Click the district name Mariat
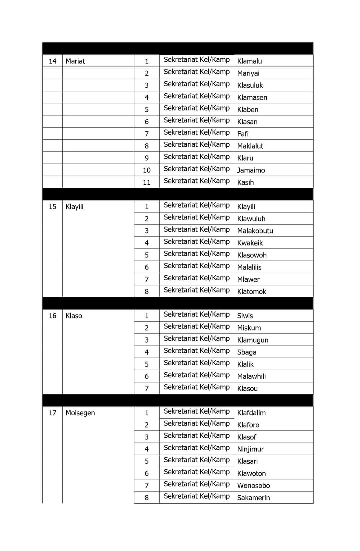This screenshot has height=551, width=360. (x=75, y=61)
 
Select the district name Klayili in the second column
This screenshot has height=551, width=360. (x=74, y=206)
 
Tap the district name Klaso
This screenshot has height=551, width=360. (x=74, y=316)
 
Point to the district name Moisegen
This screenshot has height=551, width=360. (x=80, y=413)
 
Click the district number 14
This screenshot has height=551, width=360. (x=52, y=61)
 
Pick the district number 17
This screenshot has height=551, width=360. (x=52, y=413)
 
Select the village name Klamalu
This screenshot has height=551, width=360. (x=249, y=61)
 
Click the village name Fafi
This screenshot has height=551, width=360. (x=243, y=134)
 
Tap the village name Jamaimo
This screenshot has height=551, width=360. (x=251, y=170)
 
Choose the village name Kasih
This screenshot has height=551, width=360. (x=245, y=182)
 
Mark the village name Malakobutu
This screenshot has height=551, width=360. (x=255, y=231)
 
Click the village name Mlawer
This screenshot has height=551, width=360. (x=248, y=280)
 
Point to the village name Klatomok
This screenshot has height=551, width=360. (x=252, y=292)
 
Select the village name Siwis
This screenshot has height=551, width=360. (x=245, y=316)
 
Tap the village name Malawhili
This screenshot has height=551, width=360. (x=251, y=376)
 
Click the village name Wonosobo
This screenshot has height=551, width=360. (x=253, y=486)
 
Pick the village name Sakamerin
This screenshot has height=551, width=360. (x=253, y=498)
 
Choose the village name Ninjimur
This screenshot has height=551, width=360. (x=250, y=449)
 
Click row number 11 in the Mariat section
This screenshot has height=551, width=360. (x=147, y=182)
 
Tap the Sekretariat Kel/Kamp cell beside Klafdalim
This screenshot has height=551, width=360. (x=197, y=411)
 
